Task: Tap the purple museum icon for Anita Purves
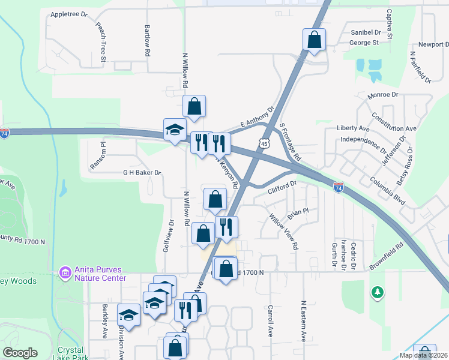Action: (65, 274)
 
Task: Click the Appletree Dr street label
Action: (68, 14)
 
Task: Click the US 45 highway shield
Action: (264, 143)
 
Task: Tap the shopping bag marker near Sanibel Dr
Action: (314, 41)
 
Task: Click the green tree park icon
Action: (378, 292)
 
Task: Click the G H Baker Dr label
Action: (142, 173)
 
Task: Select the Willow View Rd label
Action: (284, 231)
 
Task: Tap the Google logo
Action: (20, 353)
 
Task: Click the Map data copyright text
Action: (424, 355)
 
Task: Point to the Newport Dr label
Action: (433, 44)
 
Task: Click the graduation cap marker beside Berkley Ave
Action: (128, 315)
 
